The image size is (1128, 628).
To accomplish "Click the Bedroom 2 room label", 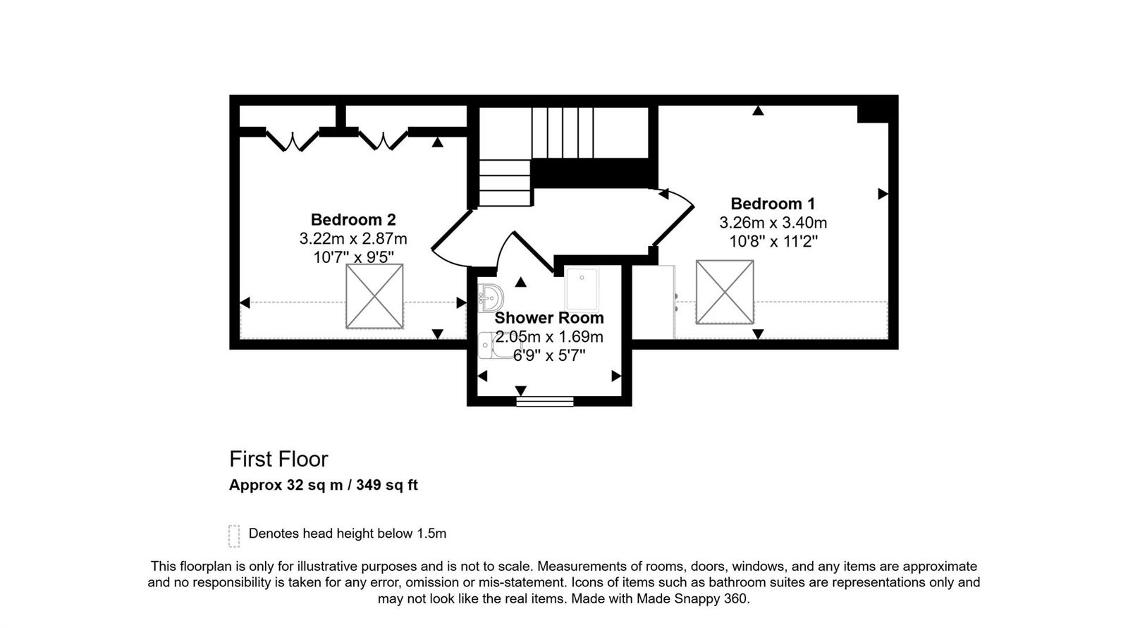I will pos(353,219).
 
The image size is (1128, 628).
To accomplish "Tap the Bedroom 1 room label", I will pos(773,204).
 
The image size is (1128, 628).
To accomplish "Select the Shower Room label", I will pos(548,318).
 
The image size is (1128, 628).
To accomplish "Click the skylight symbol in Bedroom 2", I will pos(374,296).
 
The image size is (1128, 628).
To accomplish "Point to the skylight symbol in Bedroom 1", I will pos(725,292).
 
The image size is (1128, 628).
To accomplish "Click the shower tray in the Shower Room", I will pos(582,289).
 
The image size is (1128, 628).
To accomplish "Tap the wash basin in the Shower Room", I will pos(490,297).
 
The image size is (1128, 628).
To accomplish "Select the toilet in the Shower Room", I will pos(491,346).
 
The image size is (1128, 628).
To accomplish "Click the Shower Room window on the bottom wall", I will pos(545,402).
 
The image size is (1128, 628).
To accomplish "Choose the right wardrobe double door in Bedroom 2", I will pos(383,140).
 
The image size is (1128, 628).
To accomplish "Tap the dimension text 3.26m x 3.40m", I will pos(773,223).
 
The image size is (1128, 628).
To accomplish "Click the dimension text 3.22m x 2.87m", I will pos(353,238).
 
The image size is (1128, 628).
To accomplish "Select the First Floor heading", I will pos(278,459).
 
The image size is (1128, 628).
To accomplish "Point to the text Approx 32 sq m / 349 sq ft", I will pos(323,485).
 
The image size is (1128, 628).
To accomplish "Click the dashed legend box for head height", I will pos(234,536).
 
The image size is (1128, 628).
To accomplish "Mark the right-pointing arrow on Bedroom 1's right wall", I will pos(883,194).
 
